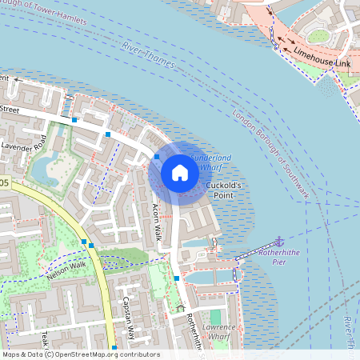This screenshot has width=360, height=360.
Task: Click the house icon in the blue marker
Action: [x=180, y=173]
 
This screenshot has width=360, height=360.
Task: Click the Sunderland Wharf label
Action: [x=210, y=163]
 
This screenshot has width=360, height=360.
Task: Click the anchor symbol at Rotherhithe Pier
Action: [x=280, y=242]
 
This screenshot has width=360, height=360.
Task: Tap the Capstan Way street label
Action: [x=126, y=315]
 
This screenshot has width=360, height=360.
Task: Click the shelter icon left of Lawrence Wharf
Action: [x=180, y=307]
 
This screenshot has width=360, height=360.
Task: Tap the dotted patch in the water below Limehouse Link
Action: [x=326, y=86]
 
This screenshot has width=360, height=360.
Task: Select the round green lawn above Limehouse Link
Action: [x=318, y=36]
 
